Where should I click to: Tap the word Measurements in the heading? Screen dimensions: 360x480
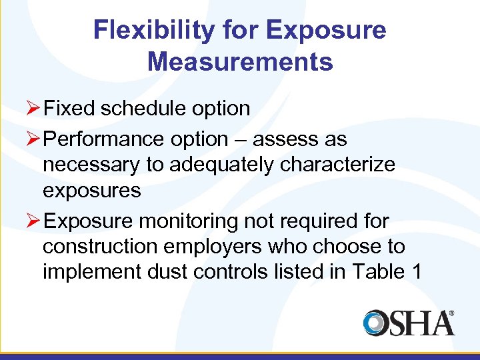click(x=240, y=62)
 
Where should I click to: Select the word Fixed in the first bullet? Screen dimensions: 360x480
click(x=70, y=108)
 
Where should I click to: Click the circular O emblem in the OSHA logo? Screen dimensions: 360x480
click(x=377, y=323)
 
